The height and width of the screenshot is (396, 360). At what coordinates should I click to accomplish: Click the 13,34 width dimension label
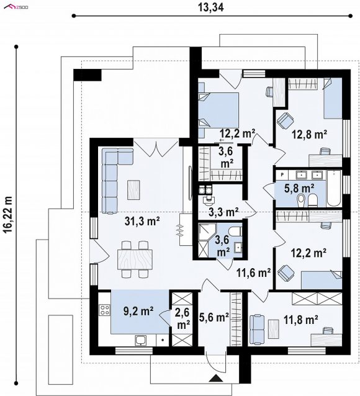210,8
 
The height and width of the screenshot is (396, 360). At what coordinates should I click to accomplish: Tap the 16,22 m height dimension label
9,215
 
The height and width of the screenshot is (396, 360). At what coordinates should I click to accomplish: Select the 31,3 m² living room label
143,221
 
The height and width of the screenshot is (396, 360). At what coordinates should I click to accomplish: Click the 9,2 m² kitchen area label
138,311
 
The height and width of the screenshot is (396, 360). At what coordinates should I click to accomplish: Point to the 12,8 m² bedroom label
310,134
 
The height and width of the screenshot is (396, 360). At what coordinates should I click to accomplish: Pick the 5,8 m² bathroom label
299,188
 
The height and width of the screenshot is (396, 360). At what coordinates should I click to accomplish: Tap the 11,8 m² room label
300,320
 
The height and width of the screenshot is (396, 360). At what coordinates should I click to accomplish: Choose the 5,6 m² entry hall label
214,317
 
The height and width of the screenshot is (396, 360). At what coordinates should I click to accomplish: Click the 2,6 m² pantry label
182,318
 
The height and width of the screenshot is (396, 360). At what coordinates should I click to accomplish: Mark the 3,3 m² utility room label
224,212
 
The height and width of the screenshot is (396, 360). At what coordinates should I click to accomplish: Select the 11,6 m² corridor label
254,272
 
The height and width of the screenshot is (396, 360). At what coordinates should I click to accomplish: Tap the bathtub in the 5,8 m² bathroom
334,189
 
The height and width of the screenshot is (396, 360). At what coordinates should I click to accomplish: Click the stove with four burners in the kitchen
105,310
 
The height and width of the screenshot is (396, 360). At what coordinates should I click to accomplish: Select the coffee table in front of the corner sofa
133,190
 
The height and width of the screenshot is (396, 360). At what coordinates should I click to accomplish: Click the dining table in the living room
135,259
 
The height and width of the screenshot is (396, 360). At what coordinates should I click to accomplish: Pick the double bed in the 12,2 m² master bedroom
218,110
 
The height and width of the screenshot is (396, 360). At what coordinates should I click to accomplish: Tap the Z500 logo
16,7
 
